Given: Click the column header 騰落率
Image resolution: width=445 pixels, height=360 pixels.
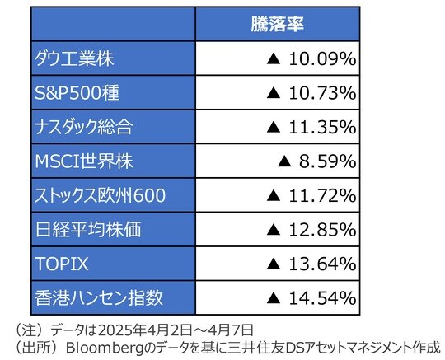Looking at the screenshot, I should coord(278,24).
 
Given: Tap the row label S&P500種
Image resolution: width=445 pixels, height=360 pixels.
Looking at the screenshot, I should coord(77,92).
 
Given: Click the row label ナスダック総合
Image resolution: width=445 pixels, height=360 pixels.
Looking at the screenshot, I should coord(84,127).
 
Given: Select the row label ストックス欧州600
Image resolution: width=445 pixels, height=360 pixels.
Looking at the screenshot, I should coord(101,194).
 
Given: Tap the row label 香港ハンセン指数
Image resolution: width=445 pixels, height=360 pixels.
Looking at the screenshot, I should coord(91,297).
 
